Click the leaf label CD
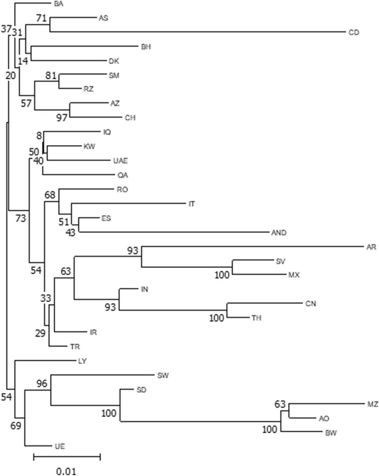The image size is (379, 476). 354,32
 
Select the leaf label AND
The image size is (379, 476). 278,232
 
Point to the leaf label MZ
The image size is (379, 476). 373,404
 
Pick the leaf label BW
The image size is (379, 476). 330,432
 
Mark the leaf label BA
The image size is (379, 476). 58,4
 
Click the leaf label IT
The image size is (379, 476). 192,204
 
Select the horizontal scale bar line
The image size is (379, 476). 67,457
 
